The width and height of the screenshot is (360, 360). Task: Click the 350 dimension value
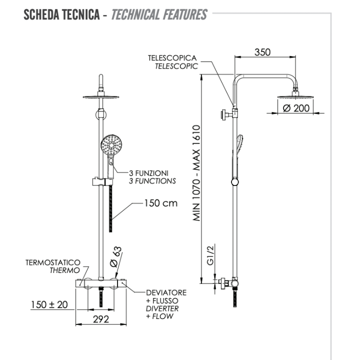tap(262, 52)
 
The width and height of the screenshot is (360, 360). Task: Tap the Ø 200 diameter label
tap(296, 108)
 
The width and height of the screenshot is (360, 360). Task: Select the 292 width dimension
tap(101, 320)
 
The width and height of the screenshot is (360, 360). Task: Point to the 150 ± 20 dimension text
tap(49, 304)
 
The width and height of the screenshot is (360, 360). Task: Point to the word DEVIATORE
tap(166, 292)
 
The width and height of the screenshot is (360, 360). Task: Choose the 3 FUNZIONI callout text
tap(153, 173)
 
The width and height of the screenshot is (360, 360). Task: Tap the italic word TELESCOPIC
tap(176, 65)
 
